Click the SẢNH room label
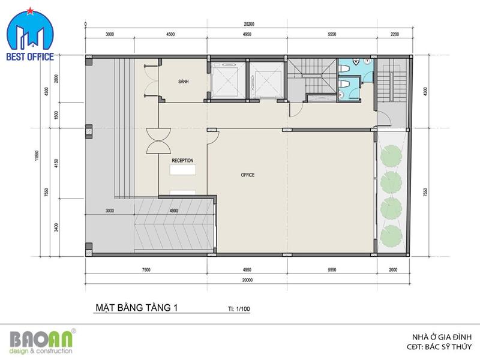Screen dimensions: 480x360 [x=184, y=82]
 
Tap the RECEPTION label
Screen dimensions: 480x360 [x=182, y=160]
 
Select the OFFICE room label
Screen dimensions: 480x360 [x=248, y=175]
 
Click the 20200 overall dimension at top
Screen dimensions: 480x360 [x=249, y=24]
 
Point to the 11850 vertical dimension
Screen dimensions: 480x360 [x=37, y=155]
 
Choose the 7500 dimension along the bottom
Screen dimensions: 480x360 [x=146, y=269]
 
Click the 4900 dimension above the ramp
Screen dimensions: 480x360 [x=173, y=211]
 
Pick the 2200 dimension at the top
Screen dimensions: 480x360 [x=395, y=34]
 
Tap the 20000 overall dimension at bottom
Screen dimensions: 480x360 [x=247, y=280]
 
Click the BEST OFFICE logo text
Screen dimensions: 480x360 [x=30, y=56]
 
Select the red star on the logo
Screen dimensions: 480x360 [x=30, y=11]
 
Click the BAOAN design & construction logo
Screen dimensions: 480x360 [x=41, y=342]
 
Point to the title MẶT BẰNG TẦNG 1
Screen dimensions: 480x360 [x=137, y=307]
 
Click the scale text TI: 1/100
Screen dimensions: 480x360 [x=239, y=309]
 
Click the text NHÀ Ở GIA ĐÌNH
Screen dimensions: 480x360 [x=442, y=337]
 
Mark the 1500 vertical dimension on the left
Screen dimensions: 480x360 [x=56, y=115]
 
